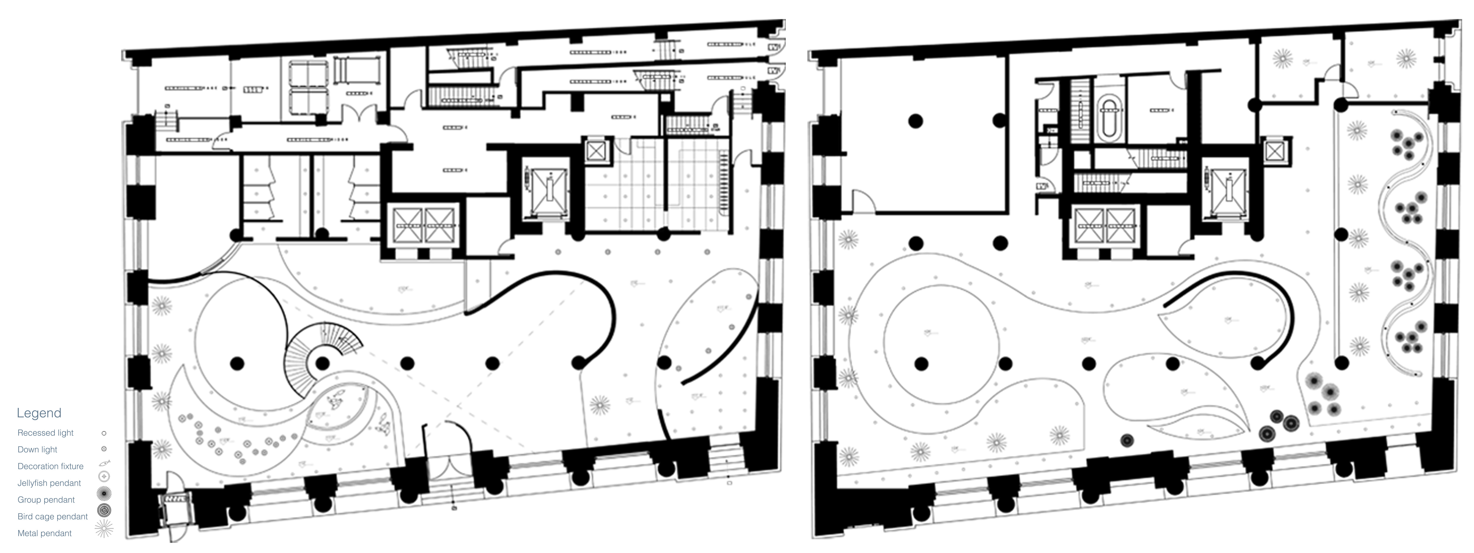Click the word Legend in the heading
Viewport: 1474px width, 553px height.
click(x=39, y=413)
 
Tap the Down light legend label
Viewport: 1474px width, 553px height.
click(x=37, y=450)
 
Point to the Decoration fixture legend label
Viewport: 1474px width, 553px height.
click(x=50, y=466)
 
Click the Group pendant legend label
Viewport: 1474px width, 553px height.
click(x=46, y=499)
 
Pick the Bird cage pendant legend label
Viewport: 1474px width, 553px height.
click(x=53, y=516)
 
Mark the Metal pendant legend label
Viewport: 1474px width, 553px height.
click(x=45, y=533)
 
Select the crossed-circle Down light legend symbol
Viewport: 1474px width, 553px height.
click(x=104, y=450)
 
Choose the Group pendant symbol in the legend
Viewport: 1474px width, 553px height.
click(x=104, y=493)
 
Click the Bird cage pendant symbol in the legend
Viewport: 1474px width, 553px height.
click(x=104, y=510)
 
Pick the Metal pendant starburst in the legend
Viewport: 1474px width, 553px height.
click(x=104, y=529)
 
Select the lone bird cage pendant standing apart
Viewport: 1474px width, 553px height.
click(x=1127, y=440)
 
